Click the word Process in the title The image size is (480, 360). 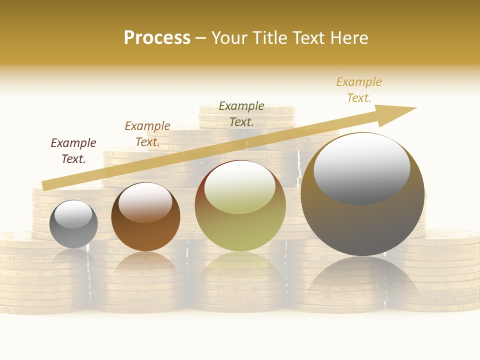pyautogui.click(x=157, y=38)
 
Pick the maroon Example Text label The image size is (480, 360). pyautogui.click(x=73, y=151)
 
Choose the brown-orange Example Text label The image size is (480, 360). pyautogui.click(x=147, y=134)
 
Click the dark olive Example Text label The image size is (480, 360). pyautogui.click(x=241, y=114)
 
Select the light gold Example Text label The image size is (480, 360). pyautogui.click(x=359, y=90)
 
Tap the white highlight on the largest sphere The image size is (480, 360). pyautogui.click(x=362, y=168)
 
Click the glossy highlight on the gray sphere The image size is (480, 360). pyautogui.click(x=73, y=214)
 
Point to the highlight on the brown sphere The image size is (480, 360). pyautogui.click(x=145, y=201)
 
